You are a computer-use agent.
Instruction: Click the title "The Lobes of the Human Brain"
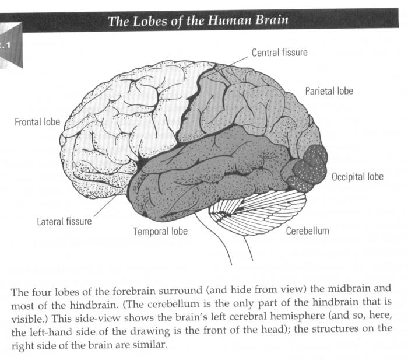click(x=198, y=22)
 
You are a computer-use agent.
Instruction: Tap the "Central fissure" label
click(x=279, y=53)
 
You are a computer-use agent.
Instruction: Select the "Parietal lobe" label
click(x=329, y=91)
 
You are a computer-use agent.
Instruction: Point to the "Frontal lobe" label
click(x=37, y=123)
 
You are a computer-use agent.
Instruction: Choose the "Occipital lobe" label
click(x=357, y=176)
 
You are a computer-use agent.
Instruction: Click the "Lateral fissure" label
click(x=64, y=222)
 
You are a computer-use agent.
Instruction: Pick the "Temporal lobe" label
click(x=160, y=231)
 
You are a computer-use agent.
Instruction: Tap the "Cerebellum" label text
click(x=307, y=230)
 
